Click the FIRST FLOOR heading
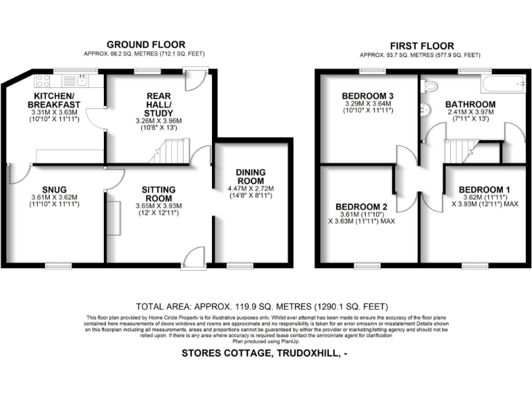point(422,44)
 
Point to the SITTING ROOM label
point(158,193)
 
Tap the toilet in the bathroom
point(429,87)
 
